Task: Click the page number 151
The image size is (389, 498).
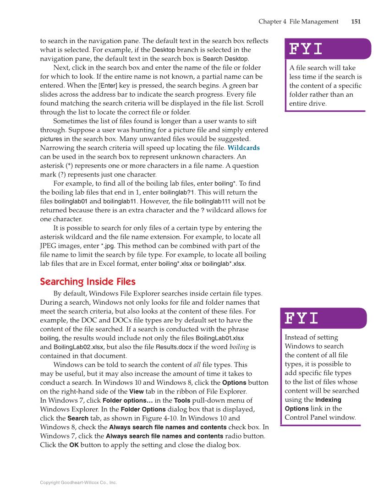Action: (x=356, y=22)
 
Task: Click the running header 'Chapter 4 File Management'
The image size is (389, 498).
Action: (x=298, y=22)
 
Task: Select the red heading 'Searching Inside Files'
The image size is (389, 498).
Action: (x=88, y=281)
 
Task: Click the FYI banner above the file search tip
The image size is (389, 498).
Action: (x=328, y=49)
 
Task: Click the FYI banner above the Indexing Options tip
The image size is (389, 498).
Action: (x=323, y=318)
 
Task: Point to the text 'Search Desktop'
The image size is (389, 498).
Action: (x=225, y=59)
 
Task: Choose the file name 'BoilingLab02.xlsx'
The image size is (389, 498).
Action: (x=79, y=347)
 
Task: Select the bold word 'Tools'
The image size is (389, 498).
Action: (x=182, y=400)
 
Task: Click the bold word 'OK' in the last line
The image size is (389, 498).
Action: (x=74, y=445)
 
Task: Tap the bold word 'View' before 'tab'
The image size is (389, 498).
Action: (x=136, y=392)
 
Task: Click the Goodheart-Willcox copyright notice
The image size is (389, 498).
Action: (x=78, y=482)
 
